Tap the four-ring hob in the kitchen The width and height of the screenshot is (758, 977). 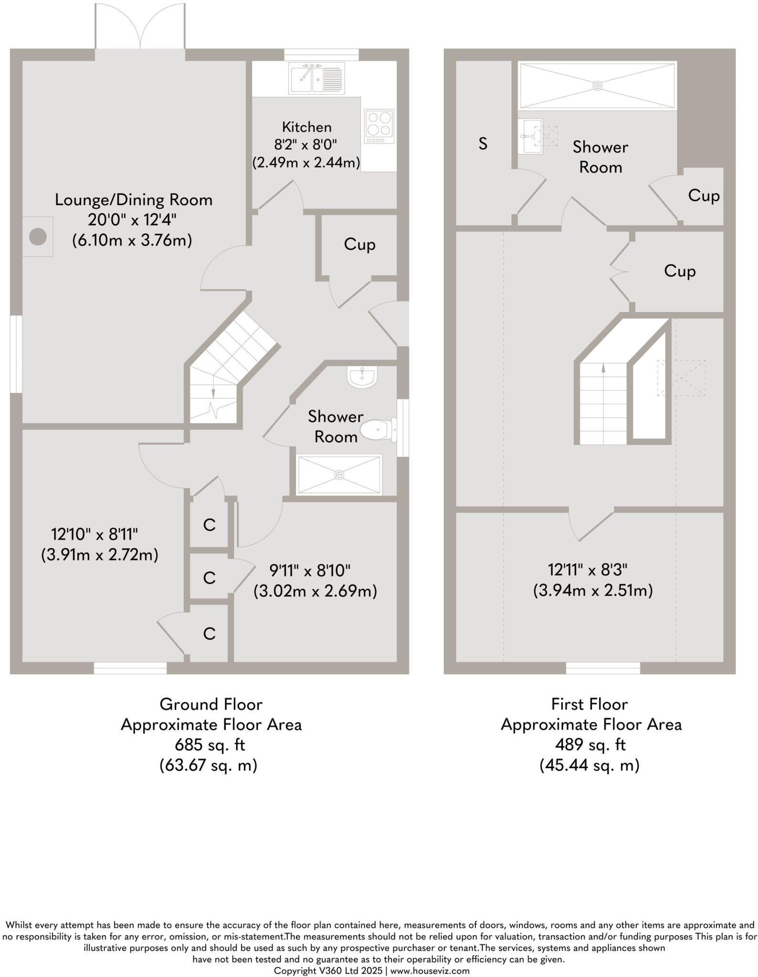click(x=379, y=126)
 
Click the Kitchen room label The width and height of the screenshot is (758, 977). click(x=306, y=127)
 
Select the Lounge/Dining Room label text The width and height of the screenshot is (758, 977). click(x=133, y=199)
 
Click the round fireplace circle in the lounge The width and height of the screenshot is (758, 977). click(x=38, y=237)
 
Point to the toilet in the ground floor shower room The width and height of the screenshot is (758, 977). click(x=377, y=430)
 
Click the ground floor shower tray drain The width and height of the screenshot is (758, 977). click(x=339, y=475)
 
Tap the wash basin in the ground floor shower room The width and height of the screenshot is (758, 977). click(x=363, y=376)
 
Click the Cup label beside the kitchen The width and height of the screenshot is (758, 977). click(x=359, y=244)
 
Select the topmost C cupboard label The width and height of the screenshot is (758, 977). click(x=209, y=525)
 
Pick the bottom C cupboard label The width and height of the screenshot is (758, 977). click(x=209, y=634)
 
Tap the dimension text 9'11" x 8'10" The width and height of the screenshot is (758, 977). click(x=310, y=570)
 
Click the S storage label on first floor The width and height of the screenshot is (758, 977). click(x=483, y=144)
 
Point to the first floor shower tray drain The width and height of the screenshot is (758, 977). click(x=597, y=86)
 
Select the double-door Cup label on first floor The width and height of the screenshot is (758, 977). click(x=679, y=271)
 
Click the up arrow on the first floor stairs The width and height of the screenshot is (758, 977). click(x=603, y=368)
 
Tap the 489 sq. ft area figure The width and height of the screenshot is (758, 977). click(x=590, y=745)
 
